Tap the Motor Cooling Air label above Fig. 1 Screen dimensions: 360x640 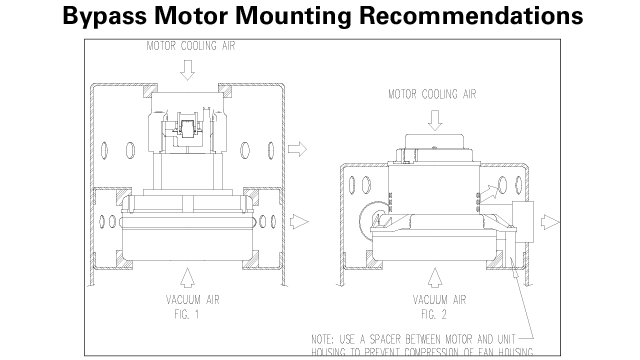(x=189, y=46)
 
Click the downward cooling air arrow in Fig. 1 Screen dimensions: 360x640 (x=189, y=69)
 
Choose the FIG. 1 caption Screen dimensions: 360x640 (x=189, y=311)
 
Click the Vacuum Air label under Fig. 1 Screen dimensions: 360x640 (x=189, y=298)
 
